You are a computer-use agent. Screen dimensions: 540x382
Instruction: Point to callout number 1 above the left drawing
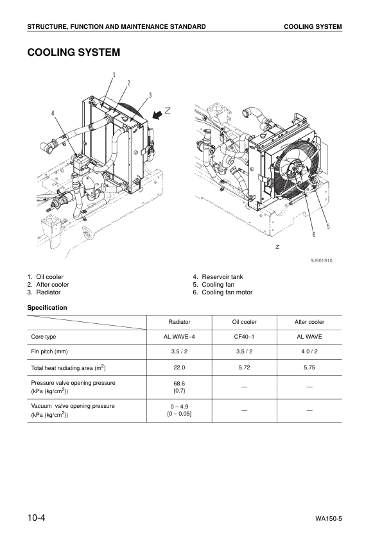tap(114, 74)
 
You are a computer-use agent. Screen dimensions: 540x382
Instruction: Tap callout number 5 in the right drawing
tap(327, 226)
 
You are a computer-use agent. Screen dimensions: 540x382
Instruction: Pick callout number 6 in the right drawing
tap(313, 235)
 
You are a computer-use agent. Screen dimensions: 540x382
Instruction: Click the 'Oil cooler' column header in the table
tap(244, 322)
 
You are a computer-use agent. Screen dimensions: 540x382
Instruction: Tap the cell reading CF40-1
tap(244, 336)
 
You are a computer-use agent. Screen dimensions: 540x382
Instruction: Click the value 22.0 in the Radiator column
tap(179, 367)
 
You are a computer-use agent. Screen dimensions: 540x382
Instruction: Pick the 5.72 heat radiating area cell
tap(244, 367)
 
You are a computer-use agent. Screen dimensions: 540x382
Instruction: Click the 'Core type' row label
tap(44, 336)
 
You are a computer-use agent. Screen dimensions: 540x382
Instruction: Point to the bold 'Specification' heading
tap(47, 308)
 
